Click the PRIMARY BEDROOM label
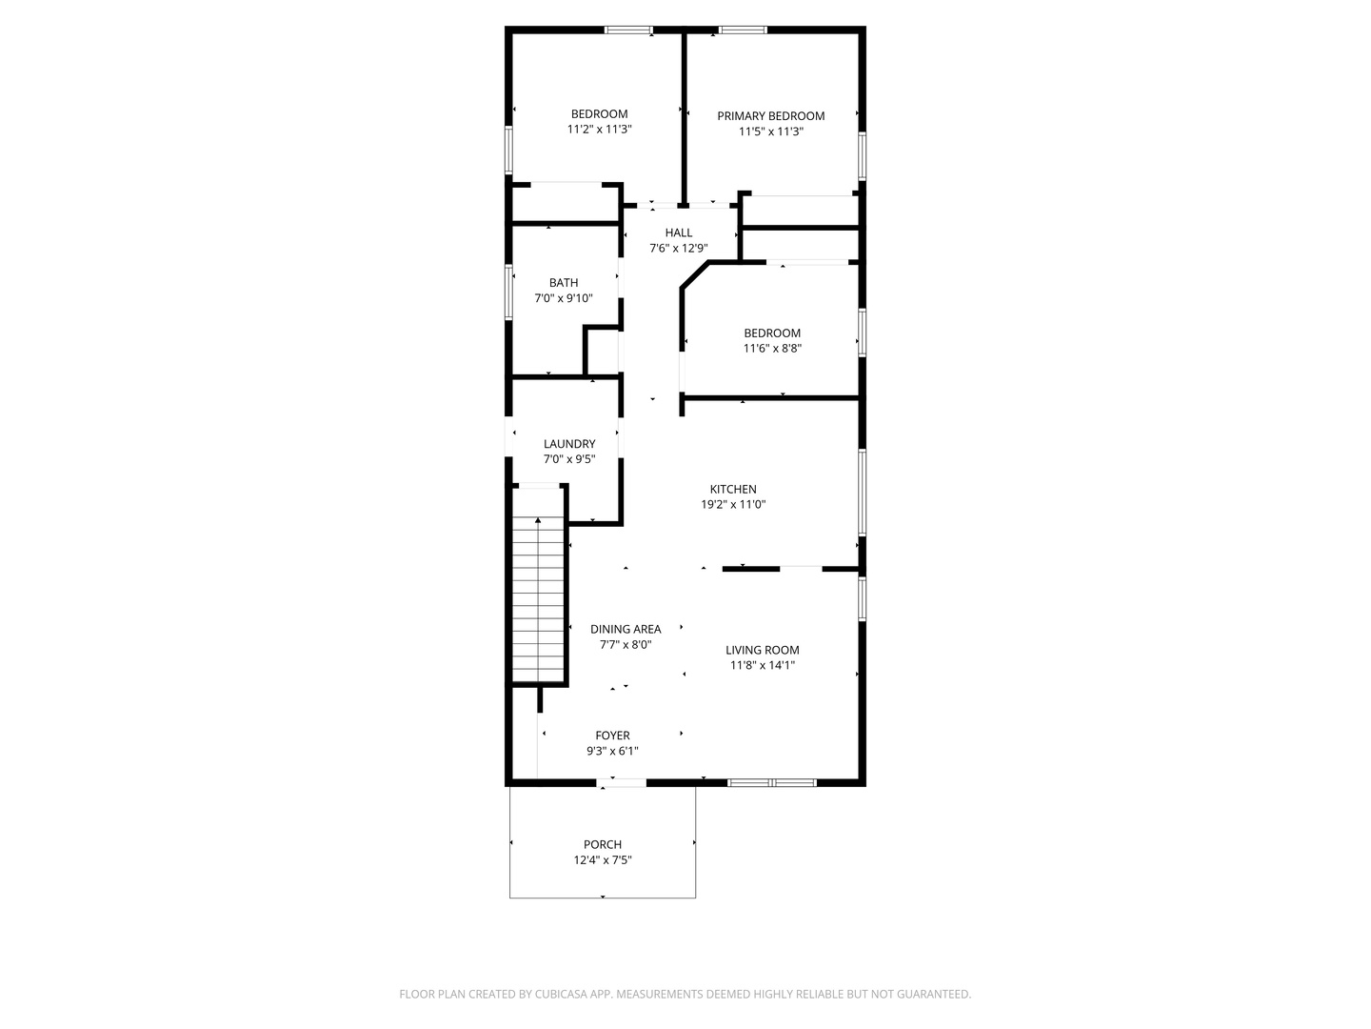770,116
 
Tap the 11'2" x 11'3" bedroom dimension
600,130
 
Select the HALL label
679,232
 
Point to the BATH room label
564,283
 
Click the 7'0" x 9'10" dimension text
564,298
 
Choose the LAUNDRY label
569,444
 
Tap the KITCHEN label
733,490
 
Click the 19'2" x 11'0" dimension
733,505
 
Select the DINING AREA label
626,629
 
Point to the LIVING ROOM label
763,651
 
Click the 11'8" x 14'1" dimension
763,666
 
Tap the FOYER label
612,736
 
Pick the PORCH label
603,844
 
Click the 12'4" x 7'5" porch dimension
603,860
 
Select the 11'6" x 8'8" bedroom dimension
772,349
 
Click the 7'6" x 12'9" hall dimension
679,249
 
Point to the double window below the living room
772,783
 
